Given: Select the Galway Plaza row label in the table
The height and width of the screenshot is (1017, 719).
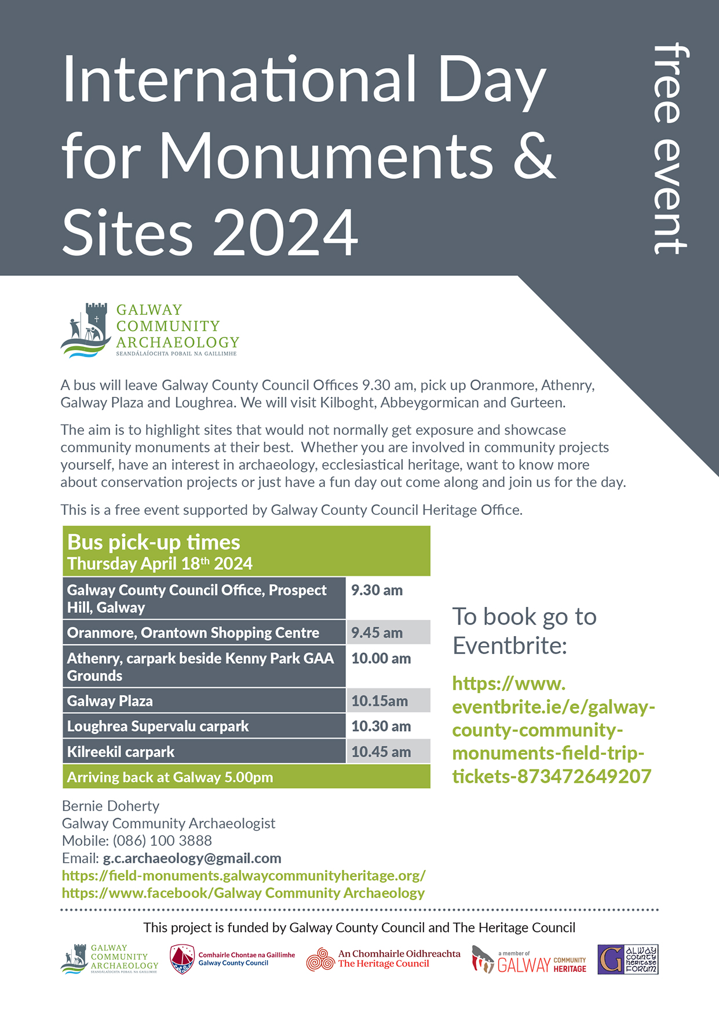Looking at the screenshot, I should click(110, 701).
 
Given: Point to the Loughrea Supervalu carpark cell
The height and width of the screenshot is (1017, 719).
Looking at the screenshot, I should click(158, 727).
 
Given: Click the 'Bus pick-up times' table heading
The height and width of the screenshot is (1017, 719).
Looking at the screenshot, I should click(154, 543).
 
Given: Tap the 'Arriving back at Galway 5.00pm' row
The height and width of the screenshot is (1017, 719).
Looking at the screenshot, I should click(170, 778).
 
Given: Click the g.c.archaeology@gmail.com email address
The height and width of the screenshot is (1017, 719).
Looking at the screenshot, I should click(192, 858).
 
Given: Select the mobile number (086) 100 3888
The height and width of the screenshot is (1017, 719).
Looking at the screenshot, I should click(162, 841).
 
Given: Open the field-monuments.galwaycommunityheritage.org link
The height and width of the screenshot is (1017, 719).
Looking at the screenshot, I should click(243, 876).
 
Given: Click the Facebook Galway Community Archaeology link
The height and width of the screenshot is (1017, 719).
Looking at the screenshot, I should click(243, 893).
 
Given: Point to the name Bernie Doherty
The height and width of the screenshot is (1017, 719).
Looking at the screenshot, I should click(111, 806).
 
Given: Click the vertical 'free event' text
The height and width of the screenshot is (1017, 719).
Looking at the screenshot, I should click(670, 149).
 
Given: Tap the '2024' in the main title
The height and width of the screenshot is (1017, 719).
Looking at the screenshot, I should click(286, 233).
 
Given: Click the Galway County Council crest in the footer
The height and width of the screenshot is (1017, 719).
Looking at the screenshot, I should click(182, 959).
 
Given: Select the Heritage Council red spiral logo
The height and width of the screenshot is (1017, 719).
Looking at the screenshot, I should click(320, 959).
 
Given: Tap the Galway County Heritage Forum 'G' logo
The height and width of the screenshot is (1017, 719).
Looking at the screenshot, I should click(611, 959).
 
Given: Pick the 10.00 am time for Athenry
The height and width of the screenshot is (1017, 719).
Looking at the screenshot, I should click(381, 659).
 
